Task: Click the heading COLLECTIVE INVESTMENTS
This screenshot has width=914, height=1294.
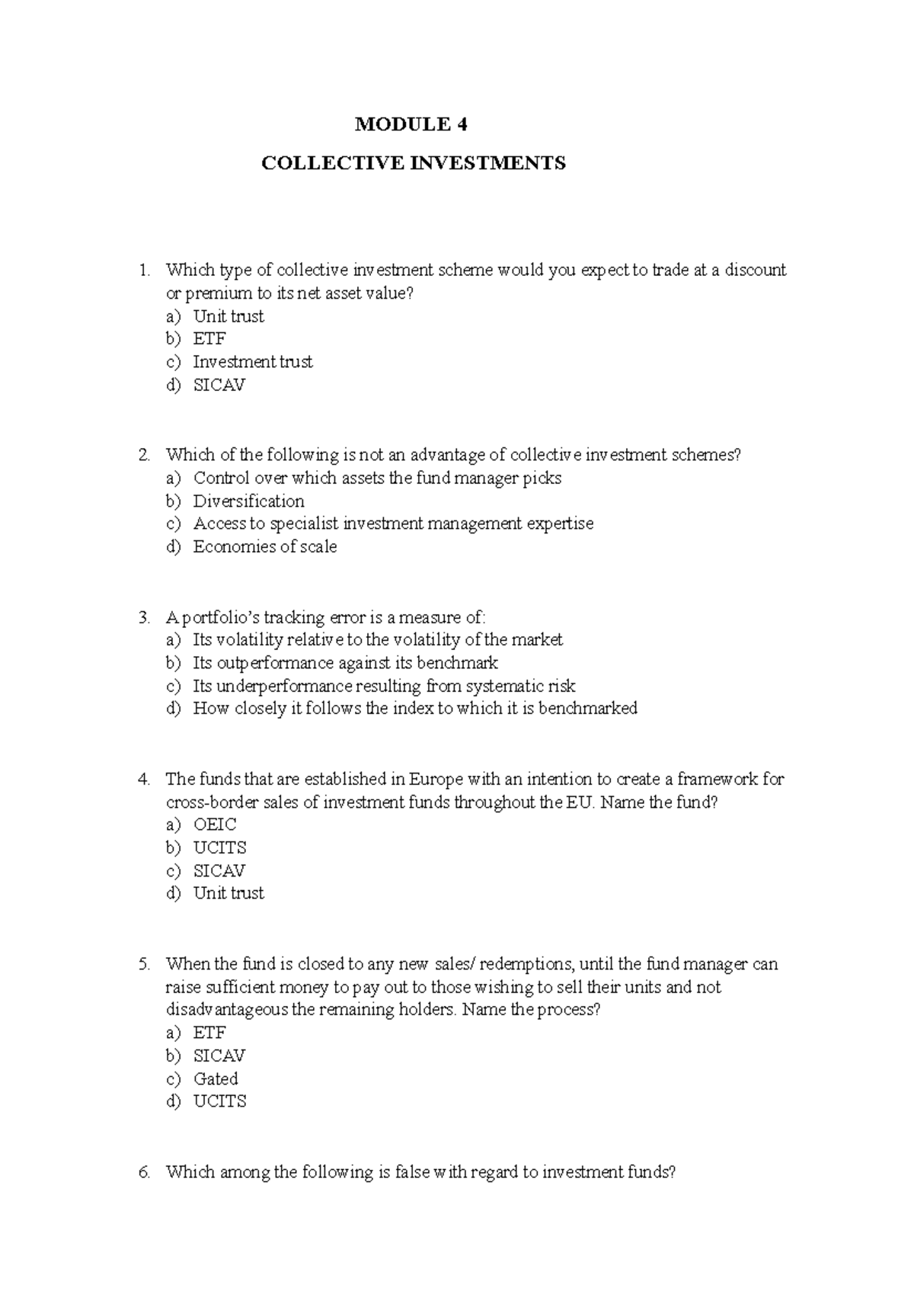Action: [x=414, y=163]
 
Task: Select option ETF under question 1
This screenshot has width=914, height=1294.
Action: [x=209, y=338]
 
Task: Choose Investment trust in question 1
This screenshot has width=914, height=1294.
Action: [x=252, y=362]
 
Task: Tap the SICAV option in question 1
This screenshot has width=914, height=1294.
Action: [x=219, y=385]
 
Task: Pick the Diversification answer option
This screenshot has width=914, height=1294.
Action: [x=248, y=501]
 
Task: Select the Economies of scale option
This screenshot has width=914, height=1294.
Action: [x=264, y=546]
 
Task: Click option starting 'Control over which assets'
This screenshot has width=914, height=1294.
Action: [x=377, y=478]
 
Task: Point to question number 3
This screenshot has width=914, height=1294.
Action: [x=144, y=617]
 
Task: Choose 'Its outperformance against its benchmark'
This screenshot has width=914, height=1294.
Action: [x=345, y=662]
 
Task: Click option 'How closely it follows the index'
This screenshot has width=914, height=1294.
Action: [x=414, y=708]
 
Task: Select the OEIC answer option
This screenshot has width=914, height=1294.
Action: [x=215, y=825]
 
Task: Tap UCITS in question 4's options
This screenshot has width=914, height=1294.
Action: [x=219, y=847]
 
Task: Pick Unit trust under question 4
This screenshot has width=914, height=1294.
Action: [x=228, y=893]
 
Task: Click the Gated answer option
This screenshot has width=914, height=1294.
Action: [x=216, y=1078]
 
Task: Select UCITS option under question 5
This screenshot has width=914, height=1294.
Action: [x=219, y=1101]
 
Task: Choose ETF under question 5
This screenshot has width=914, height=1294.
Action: [x=209, y=1033]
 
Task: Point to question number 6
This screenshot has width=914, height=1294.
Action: [x=144, y=1172]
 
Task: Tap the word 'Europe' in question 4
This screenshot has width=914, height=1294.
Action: [x=436, y=779]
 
